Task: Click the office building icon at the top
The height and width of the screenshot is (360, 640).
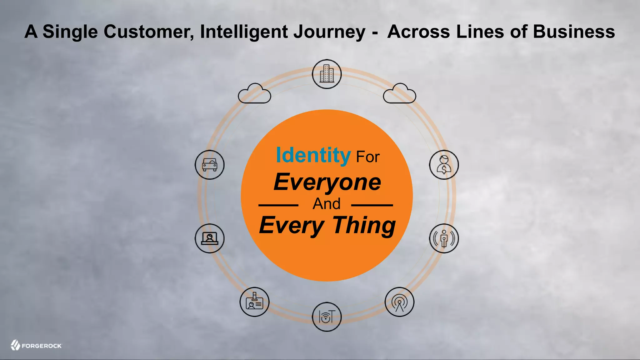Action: [x=327, y=74]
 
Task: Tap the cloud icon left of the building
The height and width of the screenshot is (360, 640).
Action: [x=254, y=93]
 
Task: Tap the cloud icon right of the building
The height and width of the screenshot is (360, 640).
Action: [x=399, y=93]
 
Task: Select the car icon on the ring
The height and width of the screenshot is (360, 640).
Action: [x=210, y=165]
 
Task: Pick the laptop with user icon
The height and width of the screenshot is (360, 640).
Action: [x=210, y=238]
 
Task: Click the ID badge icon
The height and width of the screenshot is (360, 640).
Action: [x=254, y=302]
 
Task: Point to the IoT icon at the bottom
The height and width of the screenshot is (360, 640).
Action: [x=327, y=317]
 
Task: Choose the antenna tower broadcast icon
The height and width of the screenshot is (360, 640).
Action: [x=399, y=302]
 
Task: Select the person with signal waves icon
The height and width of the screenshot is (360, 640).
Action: [x=444, y=238]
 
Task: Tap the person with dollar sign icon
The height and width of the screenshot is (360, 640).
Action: [x=444, y=165]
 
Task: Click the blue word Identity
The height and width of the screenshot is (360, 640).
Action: [x=313, y=155]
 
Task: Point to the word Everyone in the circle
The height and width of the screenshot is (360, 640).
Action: [x=327, y=182]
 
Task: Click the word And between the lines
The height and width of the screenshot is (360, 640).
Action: [x=327, y=204]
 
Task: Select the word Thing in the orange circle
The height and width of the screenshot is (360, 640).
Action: [x=364, y=225]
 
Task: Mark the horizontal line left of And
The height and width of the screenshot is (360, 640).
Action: [x=278, y=205]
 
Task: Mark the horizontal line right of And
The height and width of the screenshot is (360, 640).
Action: [x=372, y=205]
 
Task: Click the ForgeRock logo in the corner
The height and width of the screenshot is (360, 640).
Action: [x=36, y=345]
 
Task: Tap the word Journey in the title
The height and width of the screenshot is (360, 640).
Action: [x=329, y=32]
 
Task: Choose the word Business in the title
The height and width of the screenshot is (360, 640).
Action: [x=574, y=32]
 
